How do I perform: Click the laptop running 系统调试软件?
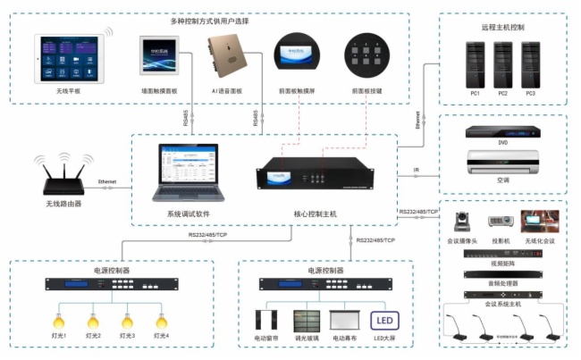coord(187,172)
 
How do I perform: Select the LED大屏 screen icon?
coord(385,322)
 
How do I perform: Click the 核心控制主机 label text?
coord(316,214)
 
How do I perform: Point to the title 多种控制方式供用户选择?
coord(210,20)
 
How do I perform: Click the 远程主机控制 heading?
coord(503,27)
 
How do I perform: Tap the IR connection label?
coord(417,170)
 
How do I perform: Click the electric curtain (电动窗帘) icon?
coord(267,323)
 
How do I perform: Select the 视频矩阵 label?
coord(503,264)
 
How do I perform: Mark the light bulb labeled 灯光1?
coord(59,319)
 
